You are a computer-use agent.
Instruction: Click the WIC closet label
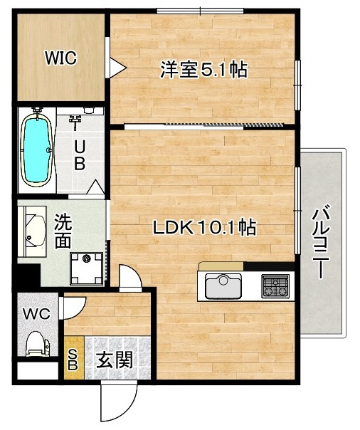tap(60, 58)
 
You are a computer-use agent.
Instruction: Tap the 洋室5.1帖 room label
tap(204, 70)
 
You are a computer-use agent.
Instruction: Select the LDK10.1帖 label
tap(204, 228)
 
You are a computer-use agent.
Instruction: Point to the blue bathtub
tap(37, 151)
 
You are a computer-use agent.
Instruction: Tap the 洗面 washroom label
tap(63, 231)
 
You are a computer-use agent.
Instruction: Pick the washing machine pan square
tap(87, 269)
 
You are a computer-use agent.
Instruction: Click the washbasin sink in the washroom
tap(35, 231)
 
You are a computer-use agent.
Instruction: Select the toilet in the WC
tap(38, 344)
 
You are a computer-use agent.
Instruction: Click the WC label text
tap(36, 314)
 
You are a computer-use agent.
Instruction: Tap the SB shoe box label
tap(73, 359)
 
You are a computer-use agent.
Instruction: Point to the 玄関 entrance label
tap(115, 360)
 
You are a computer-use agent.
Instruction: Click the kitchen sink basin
tap(223, 287)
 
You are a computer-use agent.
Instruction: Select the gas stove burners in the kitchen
tap(275, 286)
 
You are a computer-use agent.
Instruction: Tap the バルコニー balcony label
tap(322, 241)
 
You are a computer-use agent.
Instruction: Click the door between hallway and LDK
tap(130, 278)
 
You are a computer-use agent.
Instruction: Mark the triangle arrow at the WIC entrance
tap(117, 68)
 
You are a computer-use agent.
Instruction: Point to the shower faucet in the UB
tap(75, 121)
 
